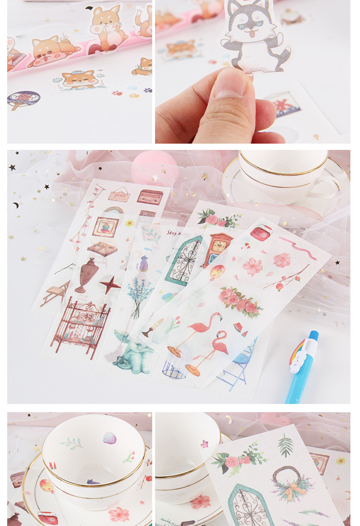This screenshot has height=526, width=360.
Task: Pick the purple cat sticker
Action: (143, 264)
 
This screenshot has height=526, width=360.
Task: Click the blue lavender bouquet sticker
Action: (140, 295)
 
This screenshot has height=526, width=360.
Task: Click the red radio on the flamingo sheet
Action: (262, 233)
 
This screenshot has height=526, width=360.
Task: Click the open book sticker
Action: (102, 248)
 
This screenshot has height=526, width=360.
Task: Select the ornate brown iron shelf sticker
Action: (80, 324)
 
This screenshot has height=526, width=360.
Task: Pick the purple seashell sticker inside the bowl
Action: (109, 438)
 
